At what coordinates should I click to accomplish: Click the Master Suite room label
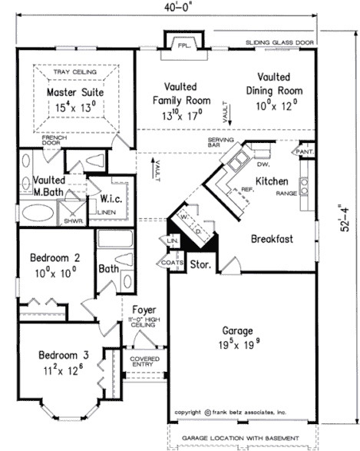click(74, 92)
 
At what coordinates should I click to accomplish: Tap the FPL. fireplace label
click(183, 45)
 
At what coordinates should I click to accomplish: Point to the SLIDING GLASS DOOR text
click(280, 42)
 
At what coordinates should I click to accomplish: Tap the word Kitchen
click(272, 181)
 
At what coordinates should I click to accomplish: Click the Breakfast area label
click(272, 239)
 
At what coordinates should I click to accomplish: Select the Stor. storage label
click(201, 265)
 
